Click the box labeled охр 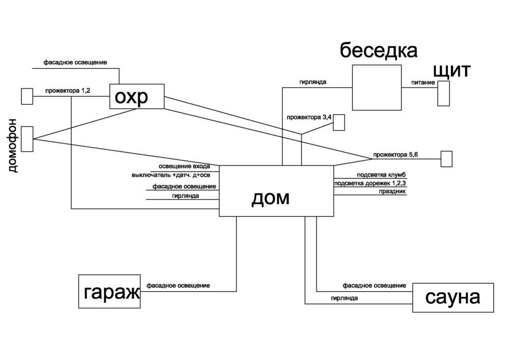tap(137, 96)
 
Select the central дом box tap(276, 191)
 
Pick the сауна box tap(453, 297)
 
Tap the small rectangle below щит tap(444, 93)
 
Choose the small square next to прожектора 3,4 tap(339, 122)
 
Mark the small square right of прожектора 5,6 tap(446, 159)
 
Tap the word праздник tap(391, 192)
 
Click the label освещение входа tap(188, 167)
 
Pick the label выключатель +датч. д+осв tap(174, 175)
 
